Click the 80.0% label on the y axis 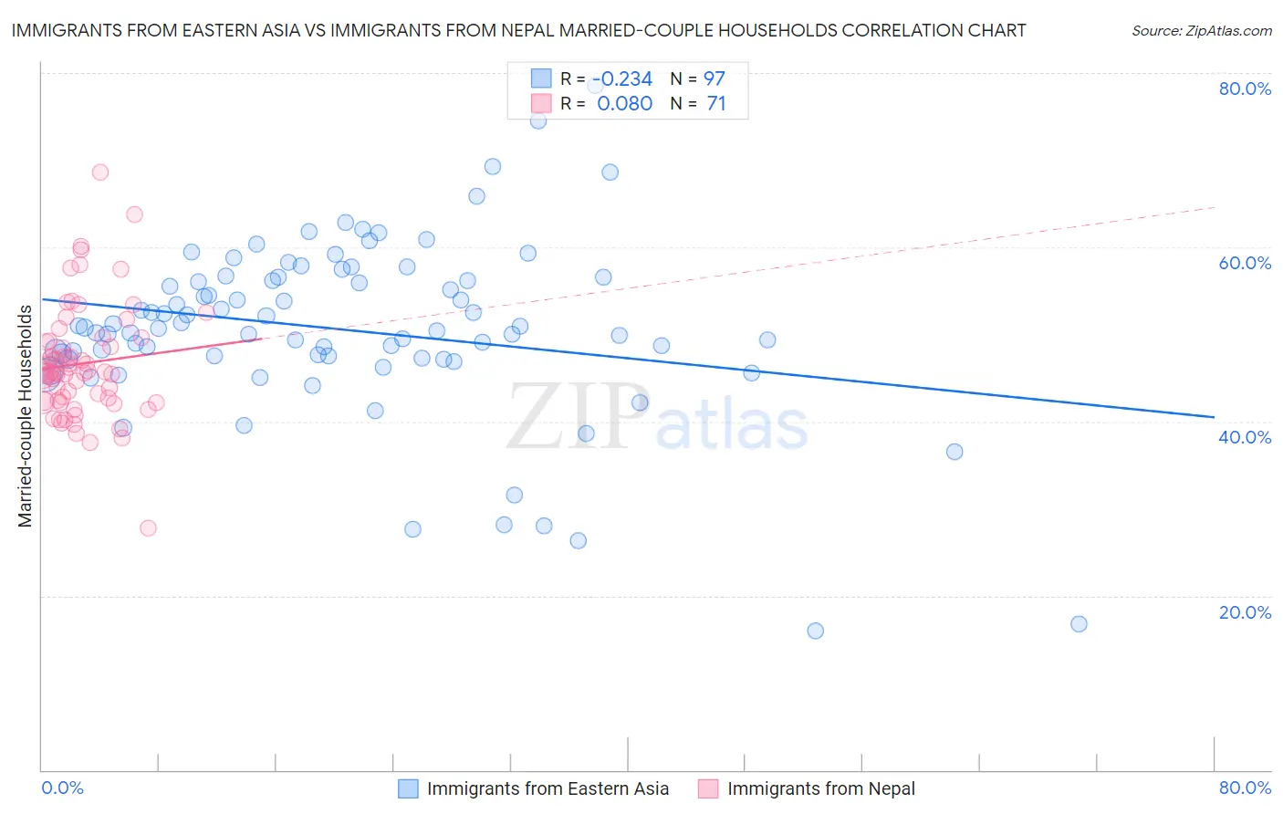click(x=1245, y=89)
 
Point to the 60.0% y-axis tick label click(x=1245, y=263)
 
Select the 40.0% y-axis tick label click(x=1245, y=437)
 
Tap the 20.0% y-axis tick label click(x=1245, y=612)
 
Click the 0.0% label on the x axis click(x=62, y=788)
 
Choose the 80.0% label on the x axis click(x=1245, y=788)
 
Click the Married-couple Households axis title click(x=26, y=416)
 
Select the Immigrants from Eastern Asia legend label click(x=548, y=789)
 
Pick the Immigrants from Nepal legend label click(x=820, y=789)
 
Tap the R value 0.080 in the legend click(x=624, y=104)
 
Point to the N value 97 click(x=714, y=79)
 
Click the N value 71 click(x=716, y=104)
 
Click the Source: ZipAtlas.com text click(x=1201, y=31)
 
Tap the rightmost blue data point click(x=1079, y=624)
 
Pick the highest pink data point click(x=100, y=172)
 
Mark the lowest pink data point click(x=148, y=528)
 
